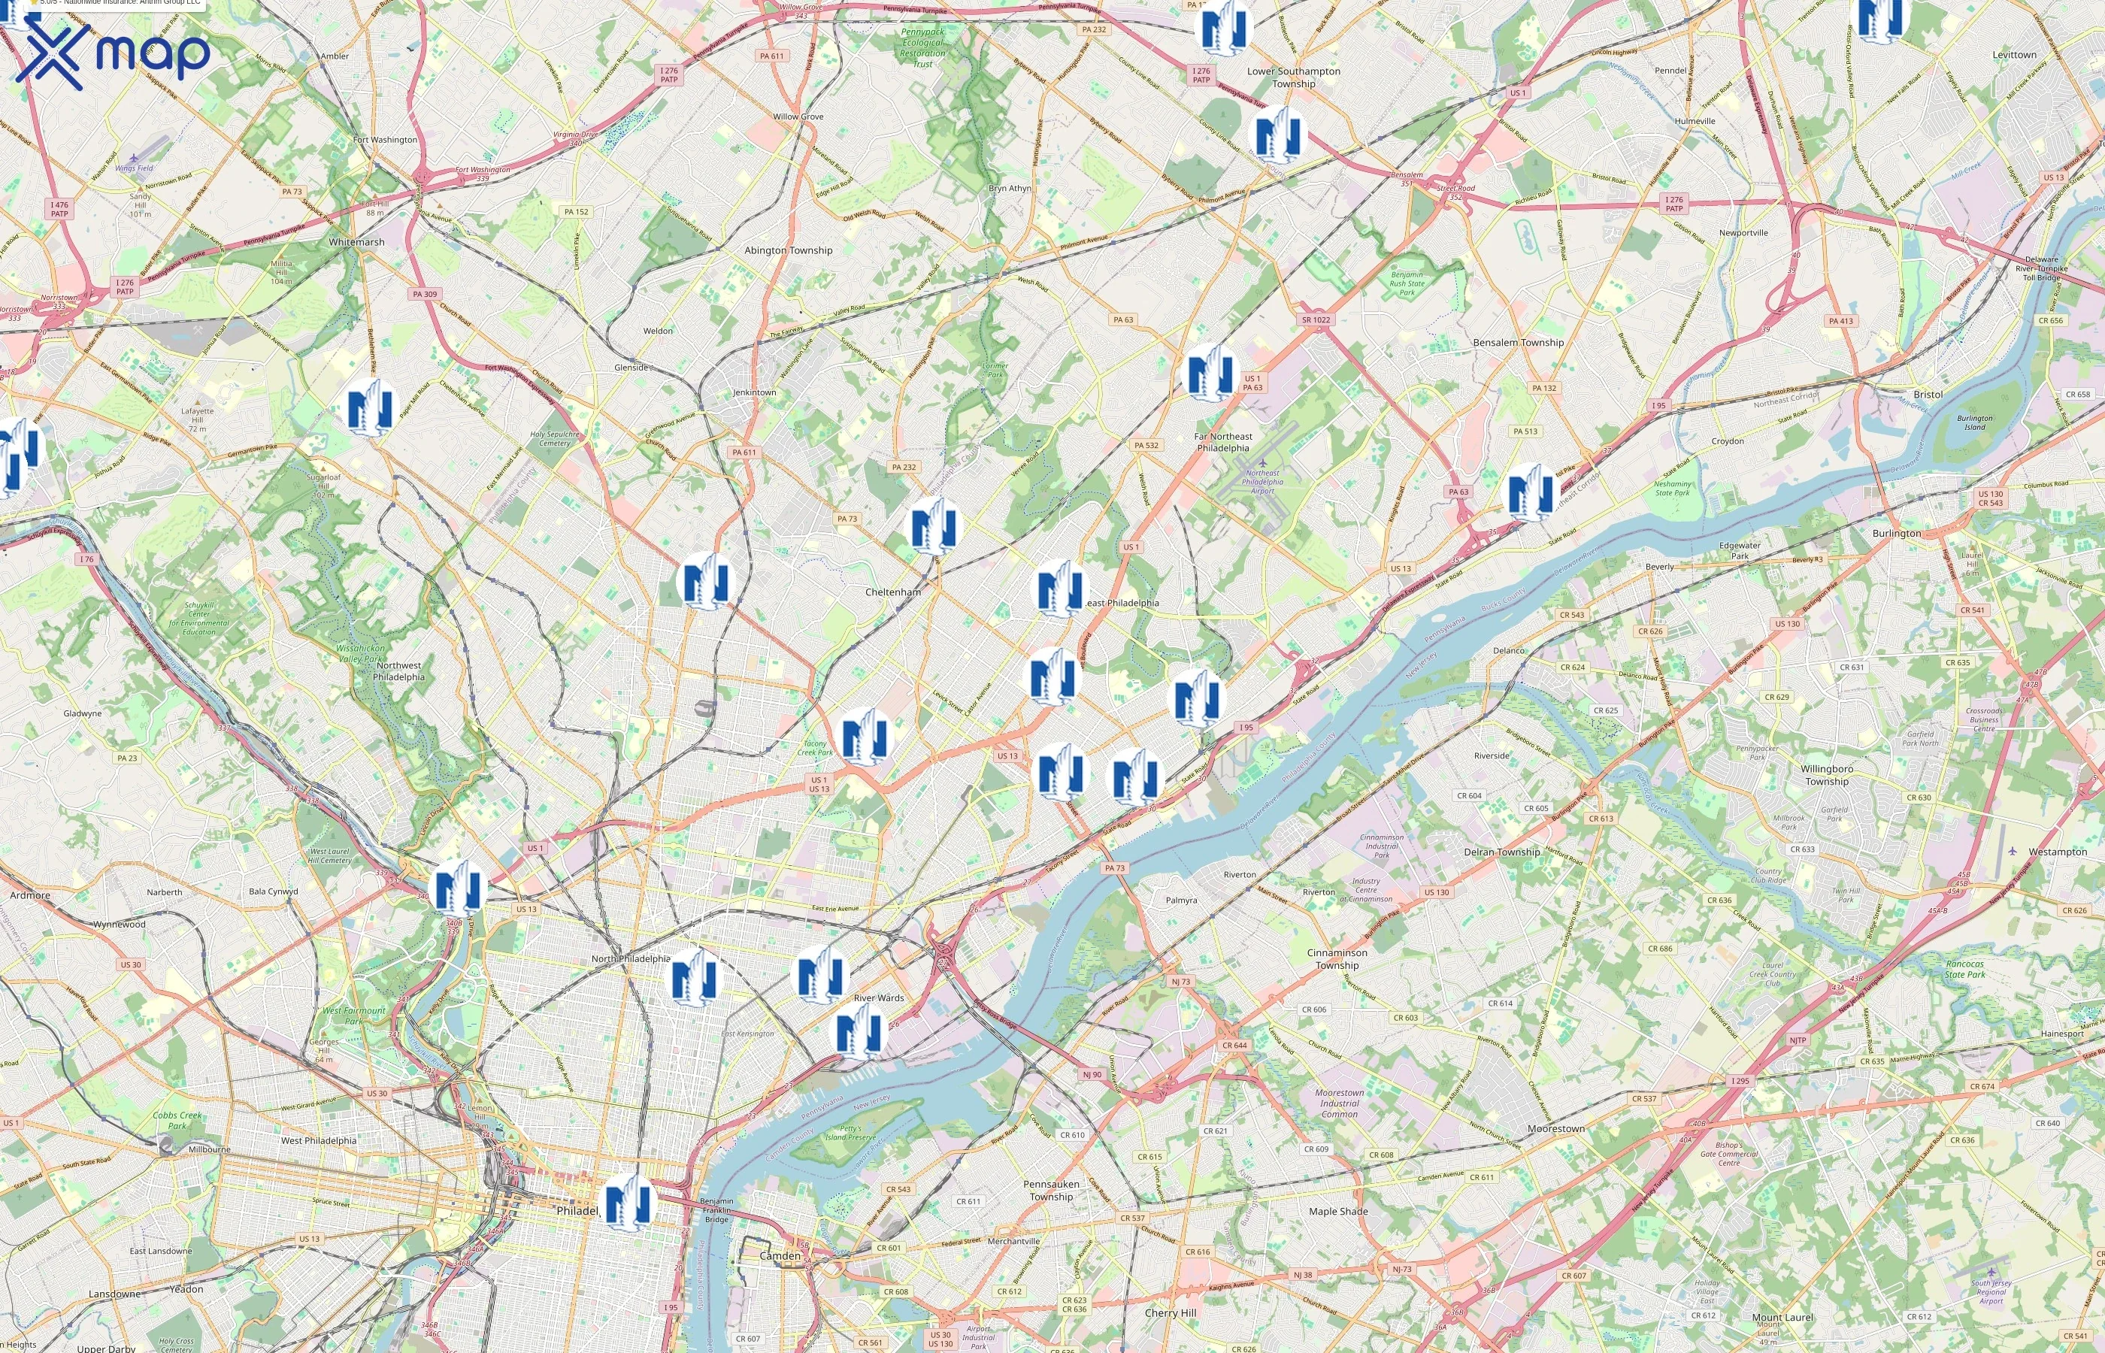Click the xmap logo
point(113,54)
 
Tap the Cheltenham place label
point(892,592)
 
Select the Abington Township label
point(788,250)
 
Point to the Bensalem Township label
point(1518,343)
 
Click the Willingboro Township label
point(1827,775)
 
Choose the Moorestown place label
point(1556,1128)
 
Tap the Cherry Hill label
point(1171,1312)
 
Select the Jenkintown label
point(755,392)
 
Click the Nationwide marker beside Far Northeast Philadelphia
point(1213,373)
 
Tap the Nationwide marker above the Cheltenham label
point(933,525)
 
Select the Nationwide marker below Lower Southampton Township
point(1277,134)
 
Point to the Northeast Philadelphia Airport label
point(1262,482)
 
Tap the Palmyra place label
point(1181,900)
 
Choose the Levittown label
point(2013,54)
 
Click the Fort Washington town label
point(385,140)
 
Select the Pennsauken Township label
point(1051,1190)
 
